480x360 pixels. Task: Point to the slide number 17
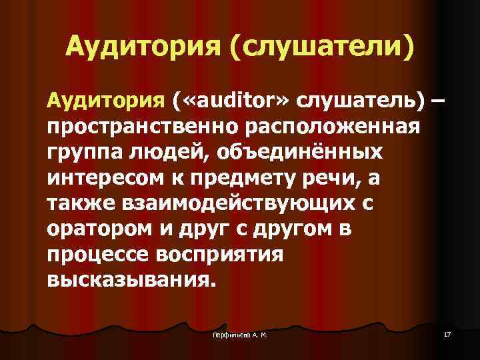[446, 333]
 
